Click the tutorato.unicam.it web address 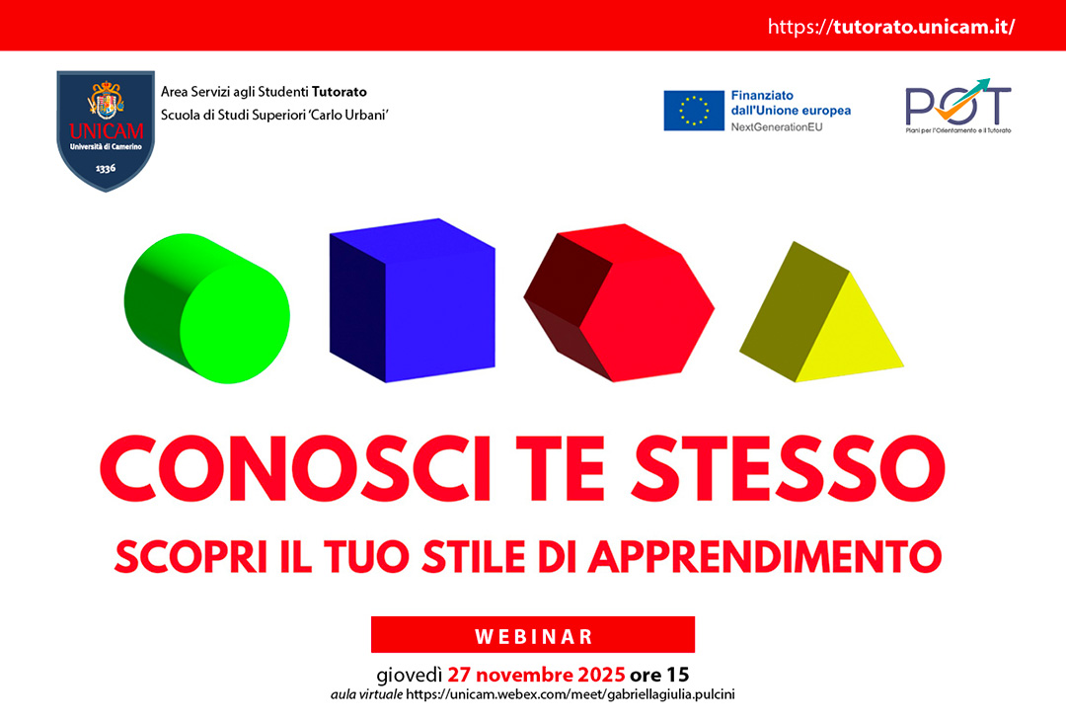pos(891,27)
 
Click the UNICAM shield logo pos(106,130)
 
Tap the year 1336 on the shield pos(106,168)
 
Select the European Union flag pos(694,111)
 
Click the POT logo pos(957,106)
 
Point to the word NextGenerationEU pos(777,127)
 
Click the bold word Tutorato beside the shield pos(340,92)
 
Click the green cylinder pos(206,308)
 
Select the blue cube pos(412,300)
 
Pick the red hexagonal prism pos(619,302)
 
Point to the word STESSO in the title pos(788,468)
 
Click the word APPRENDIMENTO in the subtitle pos(766,557)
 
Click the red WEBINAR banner pos(533,634)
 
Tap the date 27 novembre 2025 pos(536,675)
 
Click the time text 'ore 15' pos(659,675)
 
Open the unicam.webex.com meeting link pos(570,694)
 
